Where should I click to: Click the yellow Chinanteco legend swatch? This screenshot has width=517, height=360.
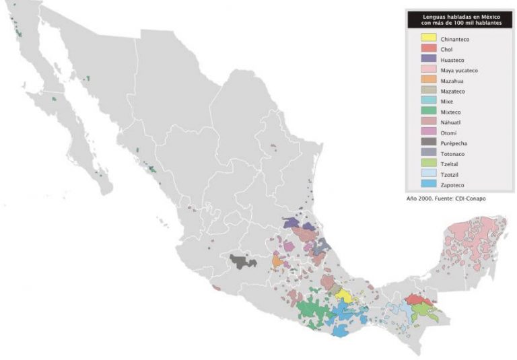(x=429, y=39)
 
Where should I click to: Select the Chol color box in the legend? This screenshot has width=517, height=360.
(x=429, y=49)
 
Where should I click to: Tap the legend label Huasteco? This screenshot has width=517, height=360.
(x=452, y=60)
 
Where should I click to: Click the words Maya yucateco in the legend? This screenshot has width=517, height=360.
(x=459, y=70)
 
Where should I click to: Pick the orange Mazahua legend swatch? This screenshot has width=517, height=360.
(x=429, y=80)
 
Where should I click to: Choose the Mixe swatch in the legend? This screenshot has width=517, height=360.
(x=429, y=101)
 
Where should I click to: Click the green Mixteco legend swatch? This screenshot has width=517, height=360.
(x=429, y=111)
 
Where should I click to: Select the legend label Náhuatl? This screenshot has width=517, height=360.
(x=451, y=122)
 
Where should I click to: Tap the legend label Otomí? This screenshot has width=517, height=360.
(x=448, y=133)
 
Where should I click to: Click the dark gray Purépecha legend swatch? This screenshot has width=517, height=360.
(x=429, y=143)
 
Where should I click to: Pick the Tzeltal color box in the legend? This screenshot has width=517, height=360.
(x=429, y=164)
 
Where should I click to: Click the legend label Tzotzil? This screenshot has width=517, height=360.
(x=450, y=174)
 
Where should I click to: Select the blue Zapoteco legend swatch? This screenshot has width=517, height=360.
(x=429, y=184)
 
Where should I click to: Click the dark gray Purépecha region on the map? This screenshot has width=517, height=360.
(x=241, y=260)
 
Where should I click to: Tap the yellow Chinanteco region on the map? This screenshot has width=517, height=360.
(x=343, y=295)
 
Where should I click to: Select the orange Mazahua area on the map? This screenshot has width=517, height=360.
(x=277, y=260)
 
